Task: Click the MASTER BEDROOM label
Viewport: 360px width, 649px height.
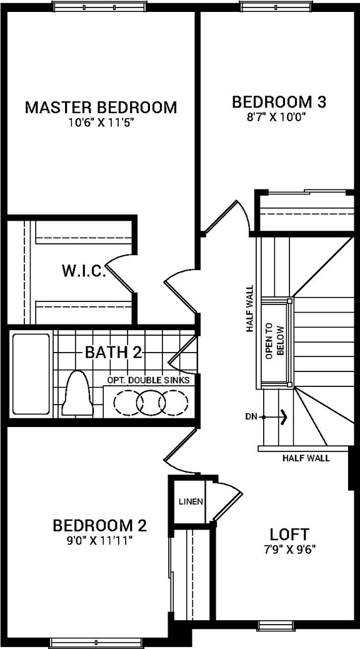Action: click(x=101, y=107)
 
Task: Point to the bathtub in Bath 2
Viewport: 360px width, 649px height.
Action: click(x=31, y=374)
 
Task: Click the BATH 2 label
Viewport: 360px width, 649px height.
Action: click(x=113, y=352)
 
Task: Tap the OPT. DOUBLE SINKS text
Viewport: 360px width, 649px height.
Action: click(x=148, y=380)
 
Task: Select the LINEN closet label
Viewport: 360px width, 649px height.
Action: click(x=191, y=502)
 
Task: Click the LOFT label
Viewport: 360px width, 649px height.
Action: click(x=289, y=535)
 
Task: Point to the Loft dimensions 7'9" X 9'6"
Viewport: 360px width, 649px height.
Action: click(x=289, y=550)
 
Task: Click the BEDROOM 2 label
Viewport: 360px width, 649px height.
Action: click(x=100, y=524)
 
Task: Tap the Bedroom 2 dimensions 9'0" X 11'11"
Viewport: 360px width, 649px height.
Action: click(x=100, y=539)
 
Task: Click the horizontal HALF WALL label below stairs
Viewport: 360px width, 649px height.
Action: click(x=306, y=458)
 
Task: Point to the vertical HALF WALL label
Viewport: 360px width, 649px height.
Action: click(x=250, y=308)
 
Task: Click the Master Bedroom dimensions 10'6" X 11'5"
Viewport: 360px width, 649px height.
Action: click(x=101, y=123)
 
